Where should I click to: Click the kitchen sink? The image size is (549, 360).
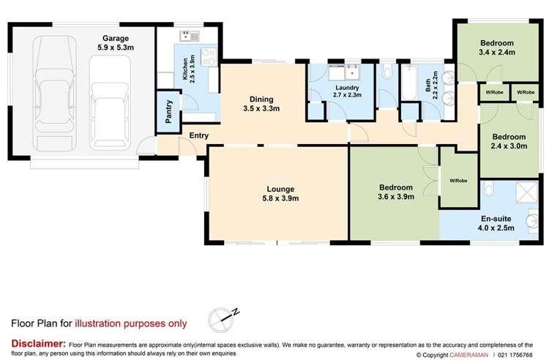point(187,36)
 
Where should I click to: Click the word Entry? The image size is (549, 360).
point(198,135)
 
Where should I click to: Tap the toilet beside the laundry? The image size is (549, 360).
point(387,74)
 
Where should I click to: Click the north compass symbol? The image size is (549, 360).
point(225,317)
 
